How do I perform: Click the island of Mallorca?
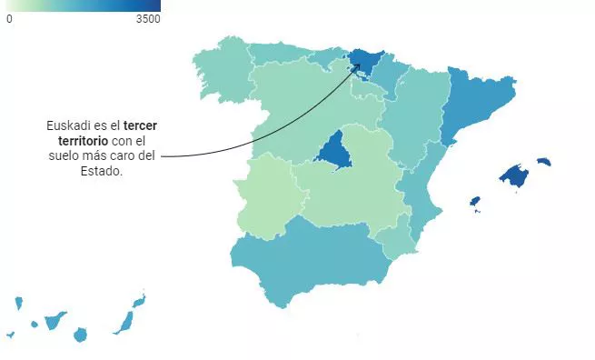515,176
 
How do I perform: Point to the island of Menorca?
544,162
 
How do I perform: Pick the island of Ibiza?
474,201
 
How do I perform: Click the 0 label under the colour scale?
9,18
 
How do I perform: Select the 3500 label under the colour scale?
148,18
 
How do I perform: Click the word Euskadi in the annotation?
68,125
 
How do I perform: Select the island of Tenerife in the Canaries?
55,320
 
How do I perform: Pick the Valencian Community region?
420,191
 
